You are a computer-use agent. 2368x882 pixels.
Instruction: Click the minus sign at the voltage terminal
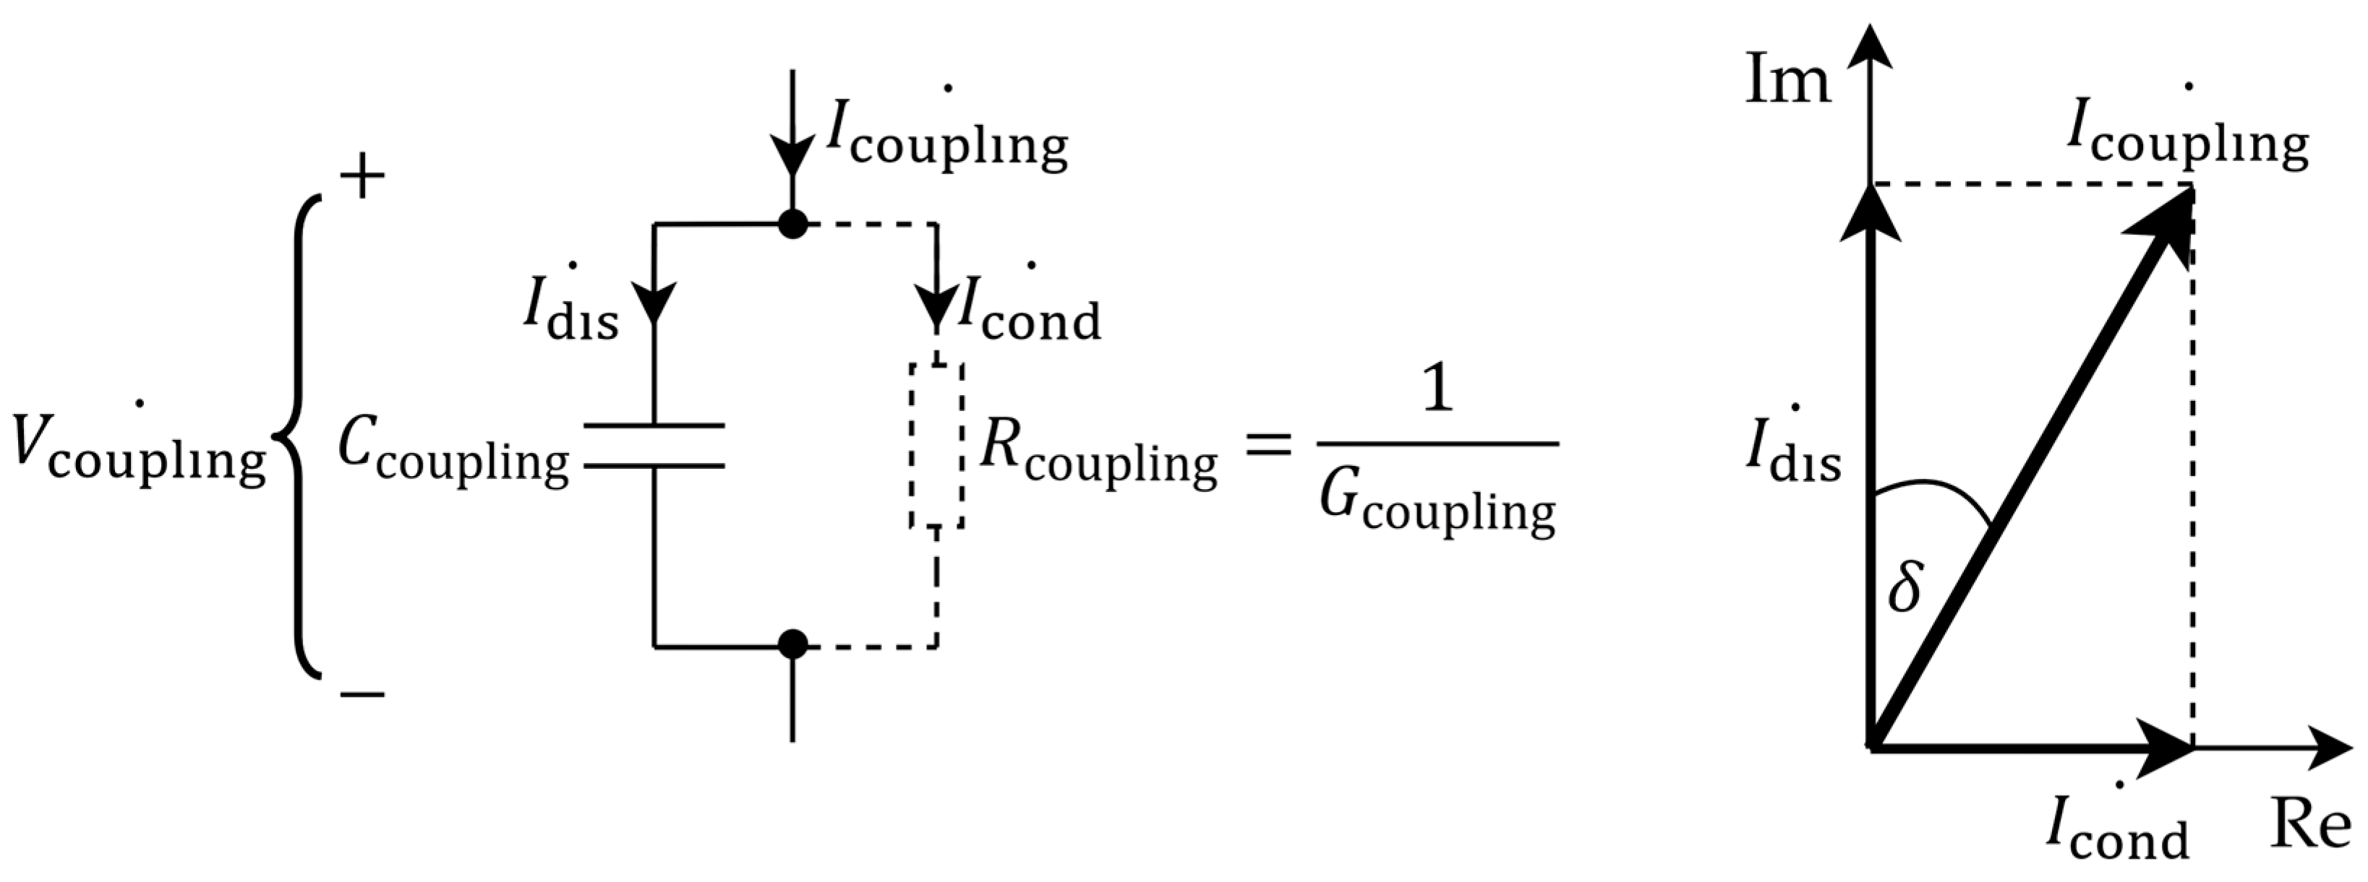362,695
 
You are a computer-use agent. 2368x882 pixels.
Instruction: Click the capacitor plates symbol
654,446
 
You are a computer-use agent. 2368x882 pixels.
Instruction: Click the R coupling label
1098,455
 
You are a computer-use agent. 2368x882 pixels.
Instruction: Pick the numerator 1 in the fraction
1437,391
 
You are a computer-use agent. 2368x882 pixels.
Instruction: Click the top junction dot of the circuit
792,223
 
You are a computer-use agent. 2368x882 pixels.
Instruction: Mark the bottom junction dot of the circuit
792,645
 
